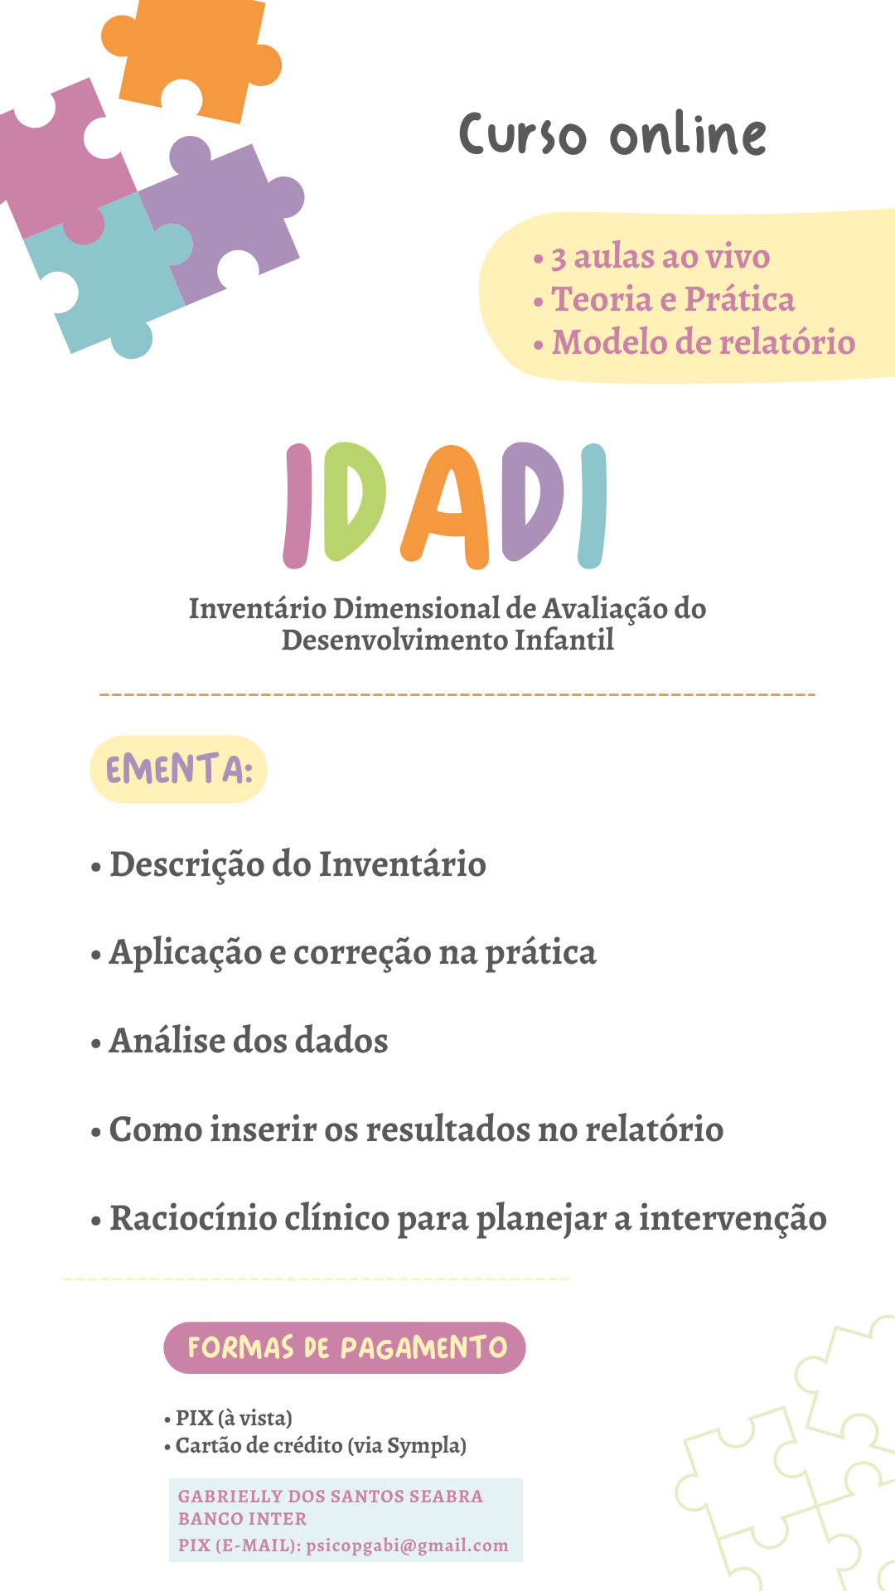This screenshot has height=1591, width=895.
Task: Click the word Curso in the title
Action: [524, 135]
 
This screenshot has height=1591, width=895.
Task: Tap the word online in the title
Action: [689, 135]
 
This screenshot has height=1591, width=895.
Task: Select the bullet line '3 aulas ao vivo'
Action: [652, 257]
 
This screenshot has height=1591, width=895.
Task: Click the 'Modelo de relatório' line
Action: [694, 342]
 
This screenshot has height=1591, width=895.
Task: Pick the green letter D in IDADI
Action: [355, 501]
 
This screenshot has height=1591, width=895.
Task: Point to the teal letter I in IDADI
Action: [593, 505]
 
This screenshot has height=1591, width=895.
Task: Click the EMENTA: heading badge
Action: [178, 769]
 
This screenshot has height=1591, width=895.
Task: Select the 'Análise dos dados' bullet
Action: [239, 1041]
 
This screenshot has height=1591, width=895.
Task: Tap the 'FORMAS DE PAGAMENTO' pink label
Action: [345, 1347]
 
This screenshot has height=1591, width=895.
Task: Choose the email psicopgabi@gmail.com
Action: [407, 1546]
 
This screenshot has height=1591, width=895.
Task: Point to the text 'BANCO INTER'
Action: [242, 1519]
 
